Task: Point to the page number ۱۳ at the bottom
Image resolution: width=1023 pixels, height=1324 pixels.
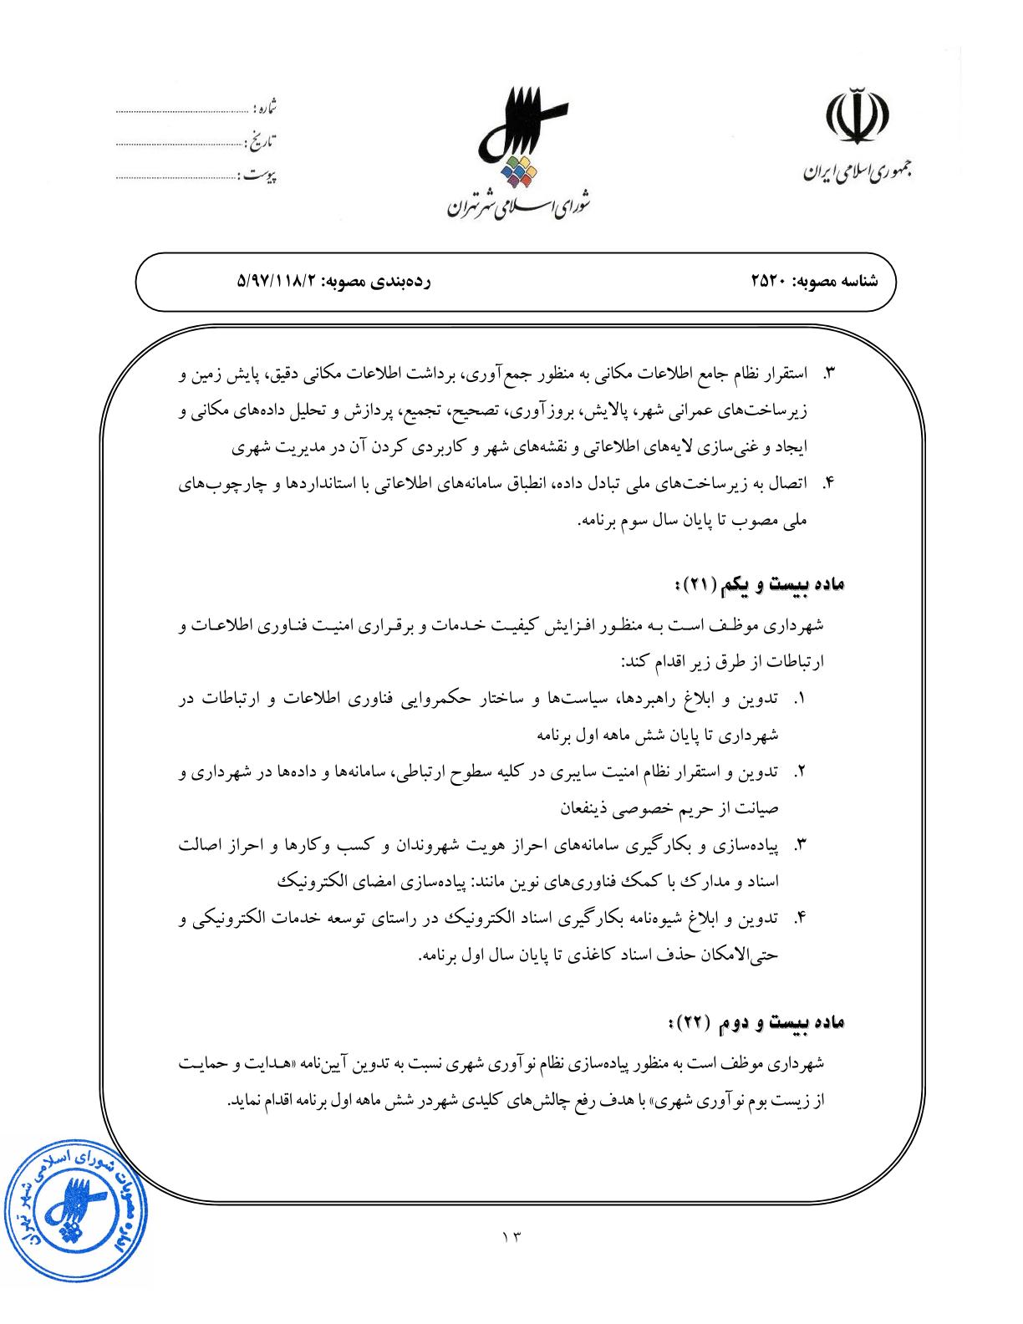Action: tap(511, 1236)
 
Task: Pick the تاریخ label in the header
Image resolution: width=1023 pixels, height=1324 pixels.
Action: tap(262, 141)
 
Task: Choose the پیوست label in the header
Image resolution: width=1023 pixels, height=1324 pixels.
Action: tap(258, 176)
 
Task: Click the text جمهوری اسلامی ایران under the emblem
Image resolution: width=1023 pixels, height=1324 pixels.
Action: tap(857, 174)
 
